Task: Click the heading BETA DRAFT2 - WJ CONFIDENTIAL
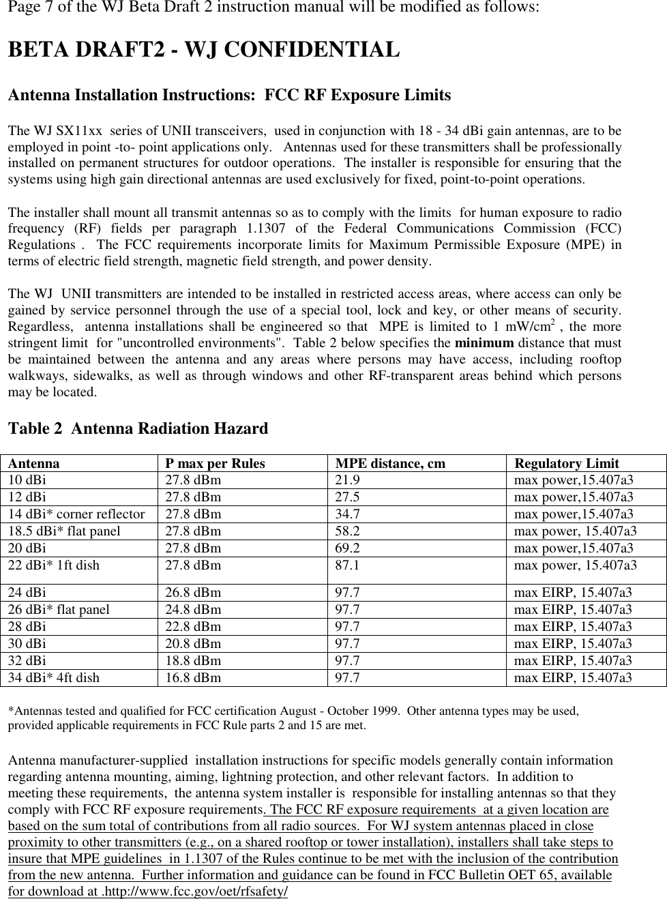[x=203, y=50]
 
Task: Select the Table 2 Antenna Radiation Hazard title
[x=138, y=429]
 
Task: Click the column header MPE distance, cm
[x=390, y=464]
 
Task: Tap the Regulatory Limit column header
[x=567, y=464]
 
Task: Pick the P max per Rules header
[x=216, y=464]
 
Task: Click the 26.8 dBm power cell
[x=194, y=592]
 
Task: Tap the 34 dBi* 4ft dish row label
[x=54, y=677]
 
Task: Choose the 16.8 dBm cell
[x=194, y=677]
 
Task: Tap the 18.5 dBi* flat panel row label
[x=64, y=531]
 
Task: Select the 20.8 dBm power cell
[x=194, y=643]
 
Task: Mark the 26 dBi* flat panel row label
[x=59, y=609]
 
